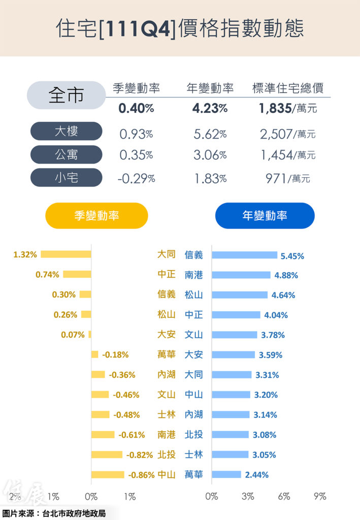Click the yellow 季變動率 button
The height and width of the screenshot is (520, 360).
click(96, 216)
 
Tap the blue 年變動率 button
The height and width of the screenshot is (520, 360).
click(265, 216)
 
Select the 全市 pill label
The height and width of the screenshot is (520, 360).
click(66, 95)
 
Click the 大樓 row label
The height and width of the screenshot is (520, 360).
click(66, 132)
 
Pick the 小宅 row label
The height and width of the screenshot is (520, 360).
click(66, 177)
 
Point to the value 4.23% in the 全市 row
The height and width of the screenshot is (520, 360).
click(210, 108)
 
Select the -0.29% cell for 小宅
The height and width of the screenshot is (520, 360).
click(137, 178)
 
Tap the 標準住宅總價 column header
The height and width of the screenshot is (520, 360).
click(288, 88)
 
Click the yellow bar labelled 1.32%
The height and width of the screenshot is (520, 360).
click(66, 254)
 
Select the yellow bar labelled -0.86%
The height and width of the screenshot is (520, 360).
click(108, 475)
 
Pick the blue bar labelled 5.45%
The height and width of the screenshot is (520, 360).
click(244, 255)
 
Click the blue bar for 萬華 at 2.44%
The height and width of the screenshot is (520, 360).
click(226, 475)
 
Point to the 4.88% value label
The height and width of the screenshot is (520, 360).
click(286, 275)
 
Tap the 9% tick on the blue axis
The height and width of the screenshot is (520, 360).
click(320, 497)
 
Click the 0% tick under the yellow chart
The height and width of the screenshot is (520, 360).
click(91, 497)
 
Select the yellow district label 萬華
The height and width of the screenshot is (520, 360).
click(167, 354)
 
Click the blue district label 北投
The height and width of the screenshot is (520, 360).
click(193, 434)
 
